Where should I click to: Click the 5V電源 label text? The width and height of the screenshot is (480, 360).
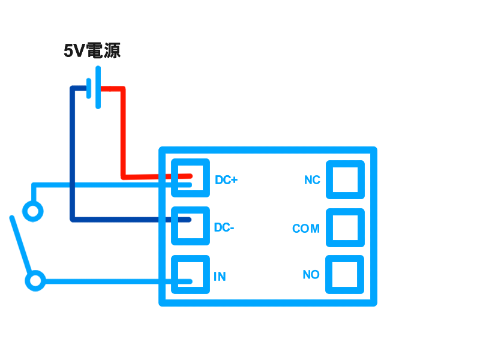coord(92,51)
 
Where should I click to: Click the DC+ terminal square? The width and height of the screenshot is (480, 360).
coord(190,178)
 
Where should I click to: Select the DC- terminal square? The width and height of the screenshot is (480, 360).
coord(190,226)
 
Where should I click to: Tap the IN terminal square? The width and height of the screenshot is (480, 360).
coord(190,274)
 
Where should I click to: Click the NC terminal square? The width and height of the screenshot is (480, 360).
coord(345,179)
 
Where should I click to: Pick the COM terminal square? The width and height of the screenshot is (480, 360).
coord(345,227)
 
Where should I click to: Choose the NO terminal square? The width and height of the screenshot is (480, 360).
coord(345,274)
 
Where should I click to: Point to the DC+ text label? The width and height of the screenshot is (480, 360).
coord(226,180)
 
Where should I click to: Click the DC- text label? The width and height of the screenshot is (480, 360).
coord(224,228)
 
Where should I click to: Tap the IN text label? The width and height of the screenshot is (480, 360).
coord(220,277)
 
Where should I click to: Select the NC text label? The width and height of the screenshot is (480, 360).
coord(312,180)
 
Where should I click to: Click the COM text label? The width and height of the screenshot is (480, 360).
coord(306,229)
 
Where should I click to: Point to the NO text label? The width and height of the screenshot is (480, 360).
coord(311,275)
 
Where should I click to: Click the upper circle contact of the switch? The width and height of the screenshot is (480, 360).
coord(33,211)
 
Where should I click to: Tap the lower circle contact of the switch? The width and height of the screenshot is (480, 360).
coord(35,281)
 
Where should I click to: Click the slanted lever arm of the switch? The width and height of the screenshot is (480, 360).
coord(20,246)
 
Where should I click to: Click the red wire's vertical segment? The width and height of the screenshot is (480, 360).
coord(123,132)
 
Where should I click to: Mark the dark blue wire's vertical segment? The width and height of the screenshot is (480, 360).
coord(72,156)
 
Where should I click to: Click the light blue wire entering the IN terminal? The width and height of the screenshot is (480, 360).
coord(114,281)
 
